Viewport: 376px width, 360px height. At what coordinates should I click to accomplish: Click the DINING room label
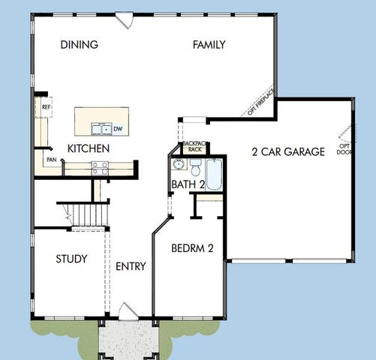79,44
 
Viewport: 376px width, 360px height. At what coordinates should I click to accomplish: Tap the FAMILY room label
209,44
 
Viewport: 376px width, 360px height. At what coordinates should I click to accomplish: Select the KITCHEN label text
89,148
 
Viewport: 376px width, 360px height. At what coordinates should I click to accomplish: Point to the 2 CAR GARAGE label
287,151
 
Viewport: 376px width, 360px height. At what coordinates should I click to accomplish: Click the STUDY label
71,259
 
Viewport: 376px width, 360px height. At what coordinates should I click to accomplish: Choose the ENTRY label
131,266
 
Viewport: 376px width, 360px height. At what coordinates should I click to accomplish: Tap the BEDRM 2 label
193,247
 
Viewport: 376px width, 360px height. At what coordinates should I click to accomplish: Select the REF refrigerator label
46,106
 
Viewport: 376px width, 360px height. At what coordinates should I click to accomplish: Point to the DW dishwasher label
119,128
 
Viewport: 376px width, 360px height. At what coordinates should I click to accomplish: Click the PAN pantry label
50,160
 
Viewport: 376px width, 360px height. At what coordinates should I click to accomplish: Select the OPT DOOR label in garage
344,148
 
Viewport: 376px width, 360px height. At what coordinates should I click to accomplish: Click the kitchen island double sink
101,128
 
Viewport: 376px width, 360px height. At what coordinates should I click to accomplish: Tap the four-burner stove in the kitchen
100,169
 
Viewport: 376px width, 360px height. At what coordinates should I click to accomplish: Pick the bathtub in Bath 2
214,174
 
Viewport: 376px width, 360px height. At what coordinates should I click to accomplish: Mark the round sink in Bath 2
178,165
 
